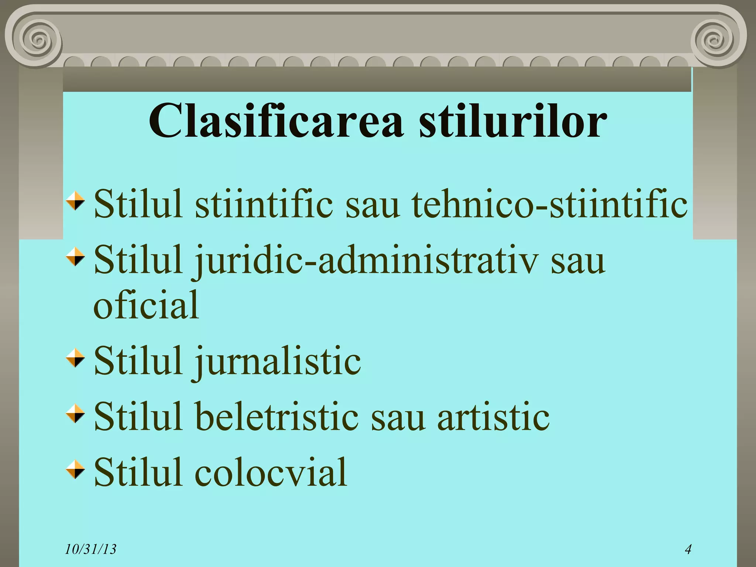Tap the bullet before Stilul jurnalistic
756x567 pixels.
75,358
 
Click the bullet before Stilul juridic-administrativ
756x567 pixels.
75,257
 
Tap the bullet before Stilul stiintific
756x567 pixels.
75,201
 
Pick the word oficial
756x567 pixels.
146,305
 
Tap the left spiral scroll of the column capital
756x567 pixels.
37,38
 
